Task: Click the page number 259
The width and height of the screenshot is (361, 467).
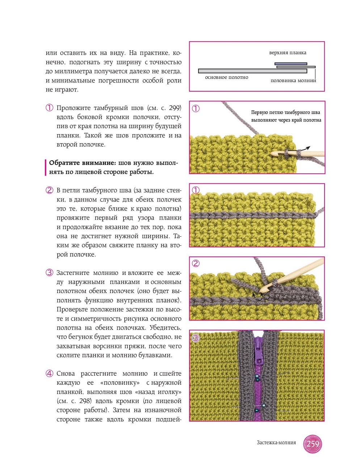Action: click(x=313, y=444)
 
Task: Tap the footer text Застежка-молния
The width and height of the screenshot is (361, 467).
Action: click(x=276, y=442)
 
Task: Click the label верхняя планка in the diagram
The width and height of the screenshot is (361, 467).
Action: click(x=287, y=53)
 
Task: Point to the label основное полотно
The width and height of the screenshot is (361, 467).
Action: click(x=227, y=77)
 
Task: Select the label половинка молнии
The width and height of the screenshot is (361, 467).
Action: click(x=293, y=81)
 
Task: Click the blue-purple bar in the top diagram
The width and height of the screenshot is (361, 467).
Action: click(x=291, y=64)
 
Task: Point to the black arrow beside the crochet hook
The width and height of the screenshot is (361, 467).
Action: click(x=306, y=148)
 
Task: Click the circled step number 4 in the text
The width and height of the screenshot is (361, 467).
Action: click(x=50, y=373)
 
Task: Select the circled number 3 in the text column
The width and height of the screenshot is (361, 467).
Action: click(x=50, y=273)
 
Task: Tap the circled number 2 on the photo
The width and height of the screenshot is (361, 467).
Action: click(x=196, y=263)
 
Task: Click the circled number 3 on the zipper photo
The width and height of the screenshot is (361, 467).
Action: click(x=196, y=338)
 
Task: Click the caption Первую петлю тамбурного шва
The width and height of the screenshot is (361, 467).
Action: click(x=285, y=112)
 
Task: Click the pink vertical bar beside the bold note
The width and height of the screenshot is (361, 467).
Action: click(x=46, y=167)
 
